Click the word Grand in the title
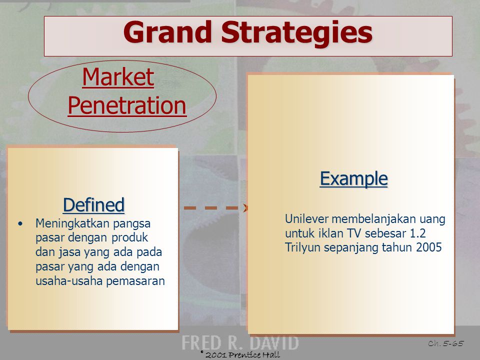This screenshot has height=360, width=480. click(x=167, y=32)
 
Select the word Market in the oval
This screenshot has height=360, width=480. click(x=118, y=77)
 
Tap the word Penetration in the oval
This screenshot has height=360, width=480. click(x=127, y=105)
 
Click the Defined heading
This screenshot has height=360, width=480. click(x=93, y=204)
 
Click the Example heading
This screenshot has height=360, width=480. click(x=354, y=178)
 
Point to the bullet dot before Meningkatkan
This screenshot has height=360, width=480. click(x=20, y=224)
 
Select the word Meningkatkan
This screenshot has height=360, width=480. click(x=72, y=224)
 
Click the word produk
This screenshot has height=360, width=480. click(x=129, y=238)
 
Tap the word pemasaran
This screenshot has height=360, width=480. click(x=135, y=281)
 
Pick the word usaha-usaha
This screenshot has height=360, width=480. click(x=69, y=280)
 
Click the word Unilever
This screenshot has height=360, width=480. click(x=306, y=219)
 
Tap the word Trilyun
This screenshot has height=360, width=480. click(x=303, y=247)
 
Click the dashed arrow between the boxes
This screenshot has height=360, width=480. click(x=216, y=208)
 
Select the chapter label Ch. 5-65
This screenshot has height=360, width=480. click(x=445, y=343)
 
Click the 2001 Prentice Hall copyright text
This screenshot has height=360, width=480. click(x=240, y=354)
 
